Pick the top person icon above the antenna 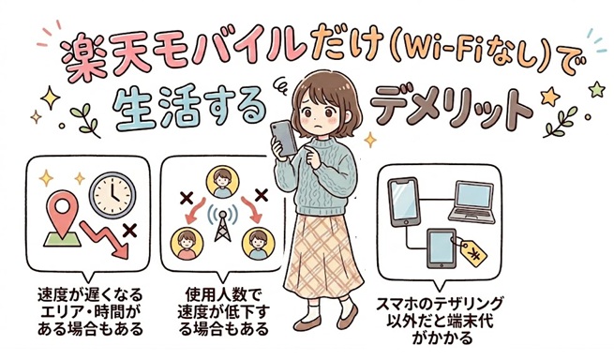223,180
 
